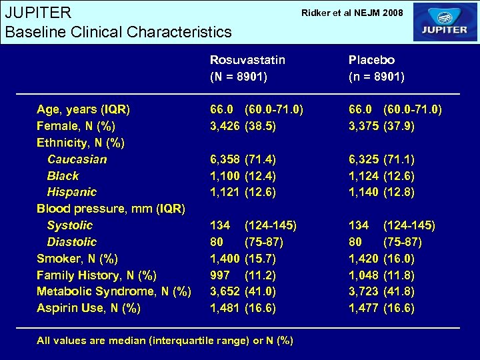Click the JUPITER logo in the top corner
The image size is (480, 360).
445,22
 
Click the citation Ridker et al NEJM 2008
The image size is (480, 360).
352,13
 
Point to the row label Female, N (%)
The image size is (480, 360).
76,126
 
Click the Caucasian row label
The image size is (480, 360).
77,159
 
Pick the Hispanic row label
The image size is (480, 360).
72,192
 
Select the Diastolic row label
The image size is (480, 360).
71,242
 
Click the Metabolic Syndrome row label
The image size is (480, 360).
114,291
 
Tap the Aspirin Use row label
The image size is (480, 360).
89,308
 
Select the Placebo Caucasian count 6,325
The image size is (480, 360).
364,159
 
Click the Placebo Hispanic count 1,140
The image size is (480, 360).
364,192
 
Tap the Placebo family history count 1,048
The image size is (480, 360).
364,275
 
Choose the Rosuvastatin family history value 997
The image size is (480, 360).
220,275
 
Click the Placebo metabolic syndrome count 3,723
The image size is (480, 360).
364,291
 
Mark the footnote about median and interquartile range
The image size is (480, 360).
165,341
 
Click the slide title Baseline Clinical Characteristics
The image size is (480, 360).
118,31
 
